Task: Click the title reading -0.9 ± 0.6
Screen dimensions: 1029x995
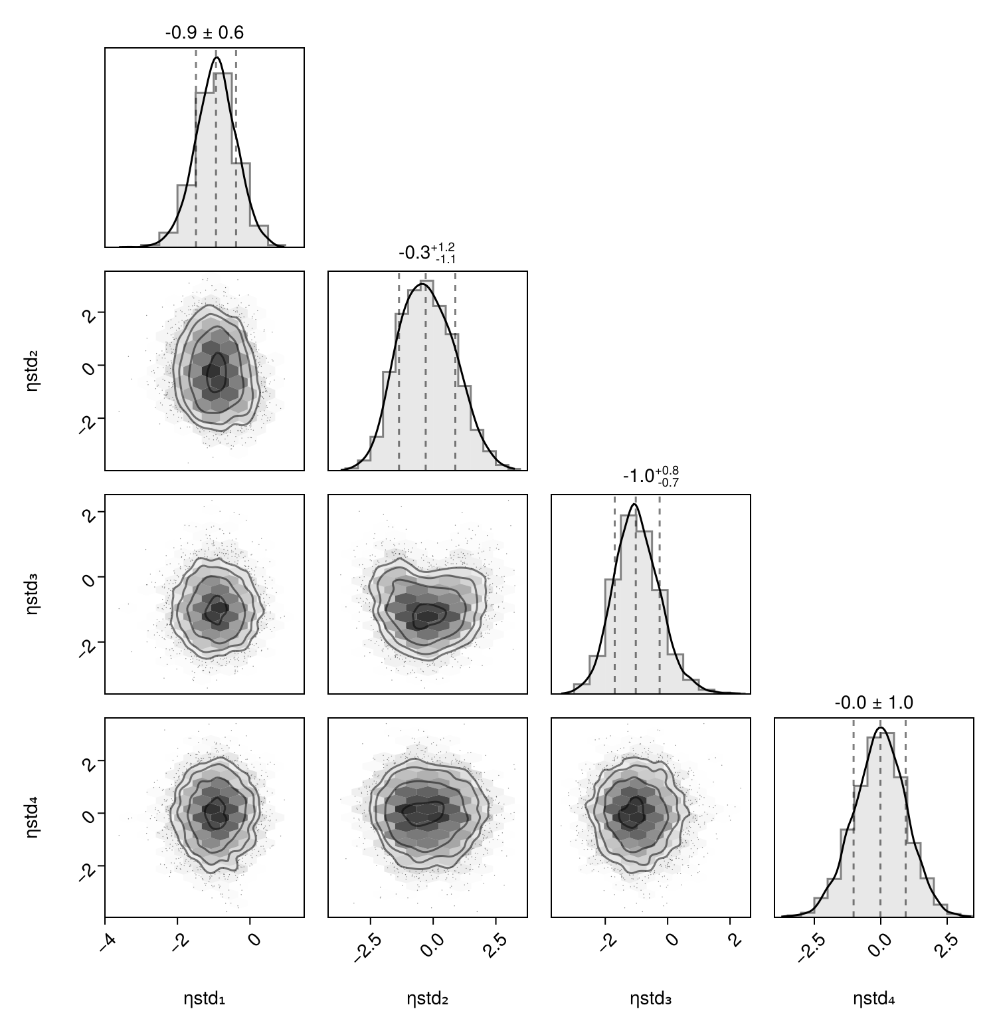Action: [x=204, y=32]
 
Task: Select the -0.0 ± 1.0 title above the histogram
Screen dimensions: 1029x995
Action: [x=873, y=703]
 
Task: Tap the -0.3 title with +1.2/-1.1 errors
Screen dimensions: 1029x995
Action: [x=427, y=253]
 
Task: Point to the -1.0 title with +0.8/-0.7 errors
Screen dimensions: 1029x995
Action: [x=650, y=476]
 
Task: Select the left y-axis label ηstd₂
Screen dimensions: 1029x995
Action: [x=32, y=370]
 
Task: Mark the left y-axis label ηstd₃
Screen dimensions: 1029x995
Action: [x=32, y=594]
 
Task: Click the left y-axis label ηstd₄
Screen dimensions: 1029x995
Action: [x=32, y=817]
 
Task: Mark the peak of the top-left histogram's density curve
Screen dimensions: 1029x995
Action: [x=217, y=58]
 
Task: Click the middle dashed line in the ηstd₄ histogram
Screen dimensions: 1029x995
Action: [x=880, y=818]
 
